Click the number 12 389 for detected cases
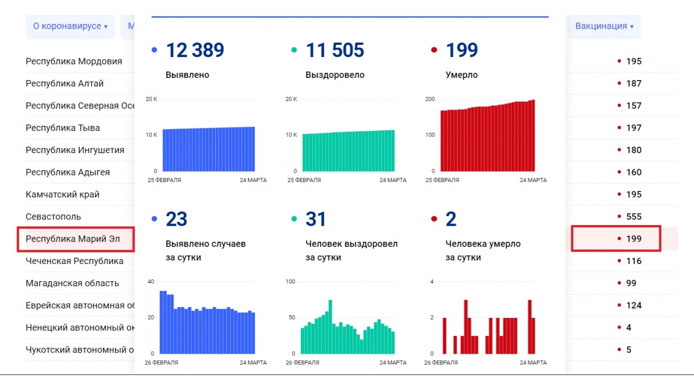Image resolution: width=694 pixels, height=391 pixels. click(195, 50)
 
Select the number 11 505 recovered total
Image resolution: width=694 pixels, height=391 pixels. click(335, 50)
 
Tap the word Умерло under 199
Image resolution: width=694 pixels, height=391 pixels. click(462, 75)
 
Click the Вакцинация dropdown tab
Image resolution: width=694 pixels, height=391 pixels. click(604, 26)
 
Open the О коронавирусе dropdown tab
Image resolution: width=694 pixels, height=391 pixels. click(70, 26)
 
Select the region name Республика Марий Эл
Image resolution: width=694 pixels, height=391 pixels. click(73, 239)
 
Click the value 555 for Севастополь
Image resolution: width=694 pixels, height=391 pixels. click(634, 217)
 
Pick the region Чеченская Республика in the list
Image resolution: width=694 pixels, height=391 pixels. click(74, 261)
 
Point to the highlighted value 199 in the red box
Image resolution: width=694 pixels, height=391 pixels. click(634, 239)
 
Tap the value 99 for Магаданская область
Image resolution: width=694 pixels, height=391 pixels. click(631, 283)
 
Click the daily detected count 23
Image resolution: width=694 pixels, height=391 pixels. click(176, 219)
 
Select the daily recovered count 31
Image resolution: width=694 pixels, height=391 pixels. click(316, 219)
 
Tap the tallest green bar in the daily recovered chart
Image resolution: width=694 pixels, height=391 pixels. click(330, 326)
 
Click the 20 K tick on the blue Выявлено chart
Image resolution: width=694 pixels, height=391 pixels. click(151, 99)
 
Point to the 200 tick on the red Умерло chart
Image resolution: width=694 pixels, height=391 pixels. click(430, 99)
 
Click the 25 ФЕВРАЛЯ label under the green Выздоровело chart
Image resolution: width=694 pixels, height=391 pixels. click(304, 180)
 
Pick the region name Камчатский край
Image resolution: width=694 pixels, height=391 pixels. click(62, 195)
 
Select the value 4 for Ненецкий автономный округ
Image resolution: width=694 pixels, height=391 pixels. click(628, 328)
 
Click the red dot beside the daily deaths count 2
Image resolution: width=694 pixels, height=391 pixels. click(434, 219)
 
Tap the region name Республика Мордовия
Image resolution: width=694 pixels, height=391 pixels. click(74, 61)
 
